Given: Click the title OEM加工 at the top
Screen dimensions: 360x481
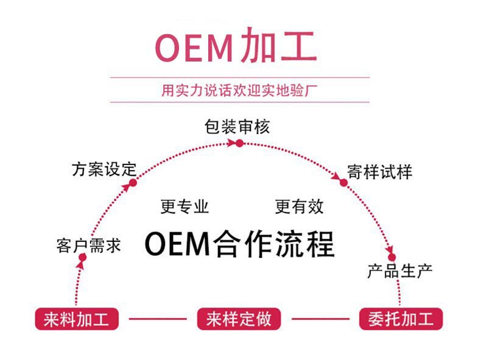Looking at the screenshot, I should point(236,46).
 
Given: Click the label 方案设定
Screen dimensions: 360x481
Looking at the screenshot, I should point(104,169).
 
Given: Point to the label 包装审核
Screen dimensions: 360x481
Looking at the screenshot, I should point(237,127).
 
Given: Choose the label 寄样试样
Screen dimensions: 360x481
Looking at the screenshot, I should point(379,171).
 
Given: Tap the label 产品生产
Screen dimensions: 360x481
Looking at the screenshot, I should point(399,271).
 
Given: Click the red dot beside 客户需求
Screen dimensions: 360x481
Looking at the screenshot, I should point(82,257).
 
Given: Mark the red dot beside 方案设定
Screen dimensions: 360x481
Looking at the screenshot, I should point(133,182).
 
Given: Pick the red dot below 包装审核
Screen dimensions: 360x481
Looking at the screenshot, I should point(239,143).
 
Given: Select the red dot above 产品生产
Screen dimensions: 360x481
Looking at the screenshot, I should point(391,257).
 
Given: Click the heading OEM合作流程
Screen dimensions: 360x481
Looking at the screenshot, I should point(239,244).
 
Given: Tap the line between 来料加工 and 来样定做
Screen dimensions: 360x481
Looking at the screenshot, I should point(158,319).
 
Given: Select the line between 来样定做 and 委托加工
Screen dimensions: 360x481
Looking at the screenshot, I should point(320,319).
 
